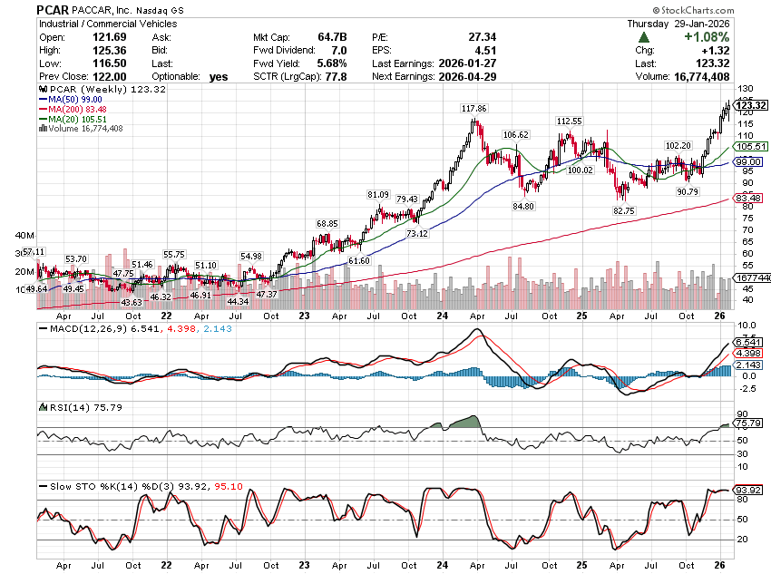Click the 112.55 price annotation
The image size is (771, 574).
[x=569, y=121]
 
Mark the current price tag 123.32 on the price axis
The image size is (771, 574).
[x=753, y=105]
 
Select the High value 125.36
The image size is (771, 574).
[x=123, y=50]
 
